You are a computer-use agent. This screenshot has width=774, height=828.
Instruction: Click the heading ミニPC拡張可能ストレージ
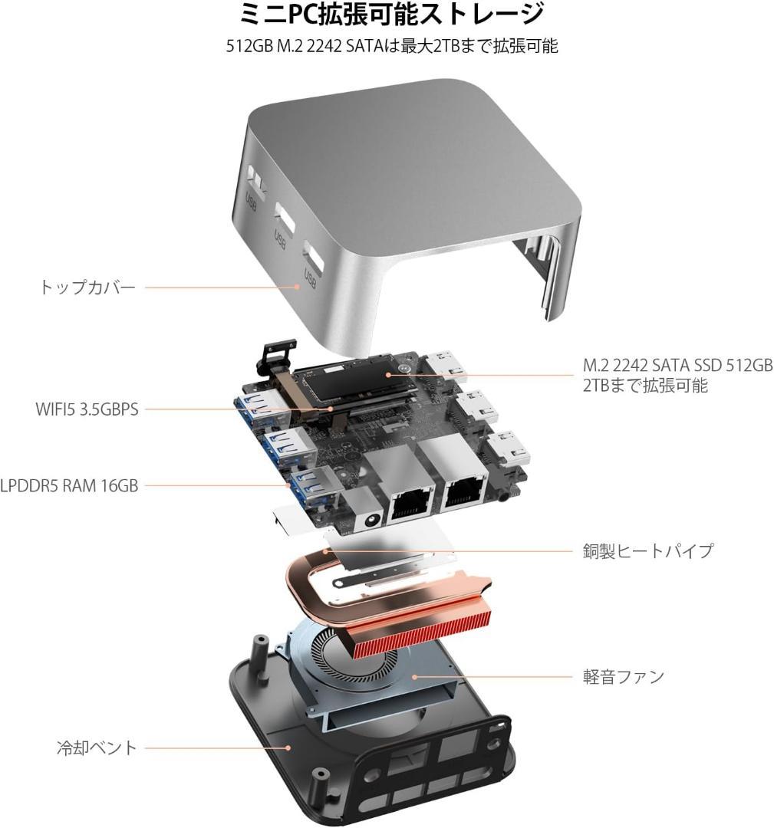(392, 15)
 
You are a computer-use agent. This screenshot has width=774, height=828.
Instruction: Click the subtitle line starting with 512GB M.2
(392, 46)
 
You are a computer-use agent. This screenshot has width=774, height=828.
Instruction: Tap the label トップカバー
(87, 287)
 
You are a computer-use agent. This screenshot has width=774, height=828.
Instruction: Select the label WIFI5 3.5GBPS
(87, 409)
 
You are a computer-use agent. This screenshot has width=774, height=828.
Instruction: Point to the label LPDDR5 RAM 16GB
(69, 485)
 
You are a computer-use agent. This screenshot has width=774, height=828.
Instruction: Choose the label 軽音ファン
(623, 677)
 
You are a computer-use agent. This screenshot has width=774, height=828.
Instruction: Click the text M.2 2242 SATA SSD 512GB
(677, 366)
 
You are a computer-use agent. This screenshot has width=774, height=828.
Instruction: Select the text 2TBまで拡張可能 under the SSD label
(645, 386)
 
